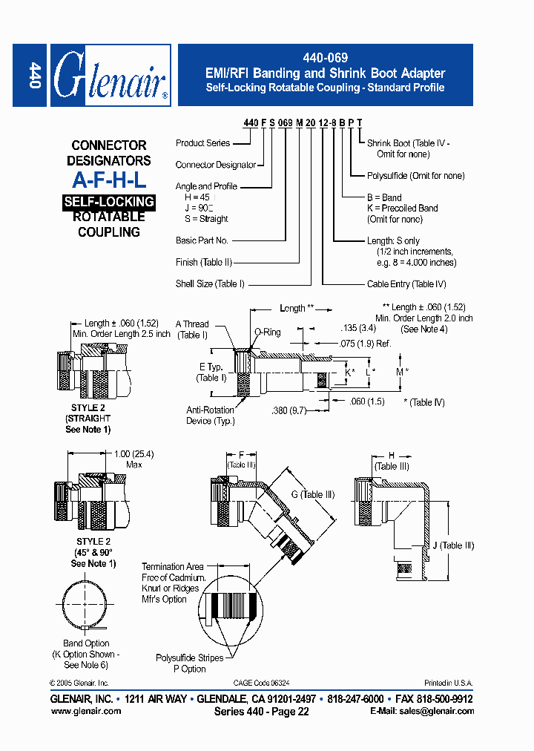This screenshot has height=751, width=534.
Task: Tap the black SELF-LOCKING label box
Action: [109, 202]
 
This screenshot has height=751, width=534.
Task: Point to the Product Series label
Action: [202, 143]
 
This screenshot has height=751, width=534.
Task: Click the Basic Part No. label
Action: [202, 240]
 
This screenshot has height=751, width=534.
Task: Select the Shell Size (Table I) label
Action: [210, 283]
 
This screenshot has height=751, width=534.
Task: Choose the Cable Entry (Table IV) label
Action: [406, 284]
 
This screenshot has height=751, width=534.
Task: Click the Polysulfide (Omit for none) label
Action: [415, 176]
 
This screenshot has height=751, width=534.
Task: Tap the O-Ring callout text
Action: [267, 332]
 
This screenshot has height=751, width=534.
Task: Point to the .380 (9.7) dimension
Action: [290, 410]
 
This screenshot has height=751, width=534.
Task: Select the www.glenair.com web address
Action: [86, 711]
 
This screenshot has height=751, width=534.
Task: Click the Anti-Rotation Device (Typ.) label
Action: [211, 416]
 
